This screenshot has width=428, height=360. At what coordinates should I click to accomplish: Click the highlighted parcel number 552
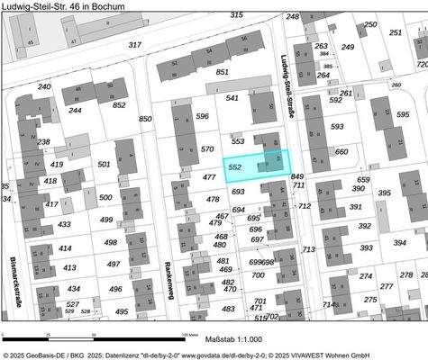click(x=235, y=167)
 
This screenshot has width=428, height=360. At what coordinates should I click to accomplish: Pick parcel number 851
click(x=223, y=71)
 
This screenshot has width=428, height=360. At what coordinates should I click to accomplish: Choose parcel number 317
click(x=135, y=44)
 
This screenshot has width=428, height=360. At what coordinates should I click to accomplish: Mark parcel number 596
click(x=202, y=116)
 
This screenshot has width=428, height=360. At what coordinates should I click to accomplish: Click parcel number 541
click(x=232, y=98)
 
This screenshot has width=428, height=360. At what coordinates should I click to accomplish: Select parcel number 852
click(x=119, y=104)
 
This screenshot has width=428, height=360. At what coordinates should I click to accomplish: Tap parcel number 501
click(x=104, y=164)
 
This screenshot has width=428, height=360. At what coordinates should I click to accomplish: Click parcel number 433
click(x=64, y=224)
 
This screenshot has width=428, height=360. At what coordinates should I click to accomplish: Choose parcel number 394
click(x=399, y=242)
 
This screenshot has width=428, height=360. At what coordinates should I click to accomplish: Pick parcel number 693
click(x=238, y=192)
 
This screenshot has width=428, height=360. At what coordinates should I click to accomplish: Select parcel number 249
click(x=348, y=47)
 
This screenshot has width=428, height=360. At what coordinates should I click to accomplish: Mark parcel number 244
click(x=75, y=111)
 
